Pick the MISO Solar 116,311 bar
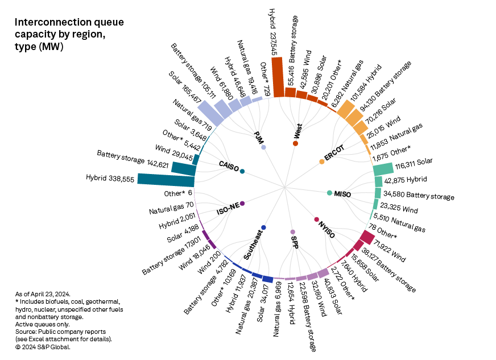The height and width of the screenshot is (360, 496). [383, 169]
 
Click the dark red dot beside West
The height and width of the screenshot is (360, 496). [295, 143]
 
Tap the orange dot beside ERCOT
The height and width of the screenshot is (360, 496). [322, 162]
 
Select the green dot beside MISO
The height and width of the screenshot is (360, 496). [329, 193]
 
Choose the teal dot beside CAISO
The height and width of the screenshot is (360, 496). [243, 171]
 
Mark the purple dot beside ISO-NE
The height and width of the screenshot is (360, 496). [242, 204]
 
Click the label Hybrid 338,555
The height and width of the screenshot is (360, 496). [110, 179]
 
